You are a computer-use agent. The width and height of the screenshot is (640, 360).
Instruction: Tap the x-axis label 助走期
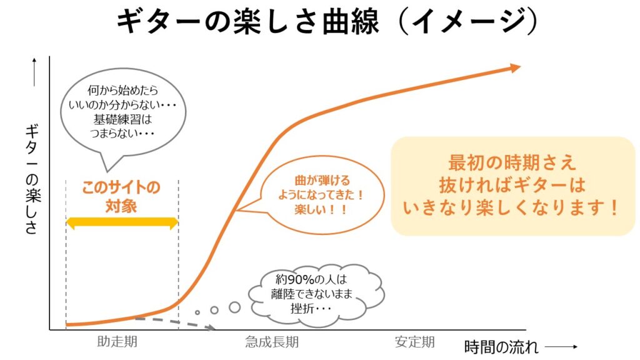point(117,342)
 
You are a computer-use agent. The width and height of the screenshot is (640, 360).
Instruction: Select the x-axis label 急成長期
point(272,342)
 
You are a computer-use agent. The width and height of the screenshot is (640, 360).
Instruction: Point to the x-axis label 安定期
point(414,342)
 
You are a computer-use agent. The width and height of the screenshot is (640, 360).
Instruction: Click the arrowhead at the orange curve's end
point(515,68)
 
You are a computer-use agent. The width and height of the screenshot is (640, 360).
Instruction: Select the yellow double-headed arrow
point(122,221)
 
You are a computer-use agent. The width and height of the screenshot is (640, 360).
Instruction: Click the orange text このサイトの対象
point(122,197)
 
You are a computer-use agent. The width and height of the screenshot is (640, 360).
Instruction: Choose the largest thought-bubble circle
point(234,307)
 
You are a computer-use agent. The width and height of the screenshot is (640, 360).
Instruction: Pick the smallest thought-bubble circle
point(197,312)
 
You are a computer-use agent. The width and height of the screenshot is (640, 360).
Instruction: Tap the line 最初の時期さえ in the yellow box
point(512,162)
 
